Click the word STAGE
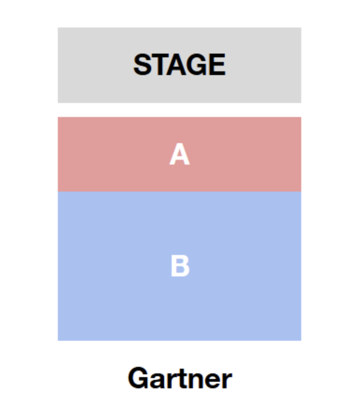(x=180, y=64)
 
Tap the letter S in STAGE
(x=143, y=64)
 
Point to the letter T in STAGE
(x=160, y=64)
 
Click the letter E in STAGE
(x=218, y=64)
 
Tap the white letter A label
(x=180, y=154)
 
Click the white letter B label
(x=180, y=266)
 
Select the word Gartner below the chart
(x=180, y=378)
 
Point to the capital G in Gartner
(x=138, y=378)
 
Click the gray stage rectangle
(x=180, y=65)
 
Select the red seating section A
(x=180, y=154)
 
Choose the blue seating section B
(x=180, y=266)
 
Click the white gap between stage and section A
(x=180, y=110)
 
